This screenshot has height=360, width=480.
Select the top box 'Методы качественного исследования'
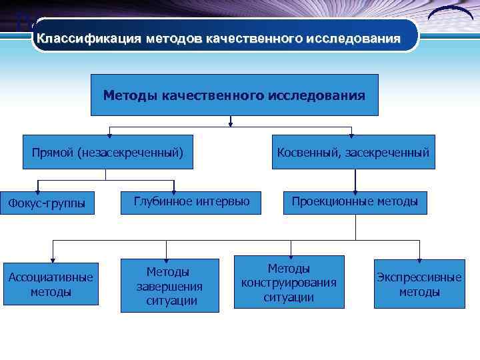point(234,95)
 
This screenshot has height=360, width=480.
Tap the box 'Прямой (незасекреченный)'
point(107,153)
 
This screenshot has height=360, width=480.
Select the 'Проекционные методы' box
point(355,201)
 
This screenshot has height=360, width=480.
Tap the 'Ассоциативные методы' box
point(51,284)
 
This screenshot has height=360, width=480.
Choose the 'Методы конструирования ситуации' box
point(289,282)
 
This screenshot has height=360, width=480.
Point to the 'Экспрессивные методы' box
point(419,284)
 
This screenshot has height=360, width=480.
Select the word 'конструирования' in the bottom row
point(289,283)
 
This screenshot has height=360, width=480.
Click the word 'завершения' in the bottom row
point(169,286)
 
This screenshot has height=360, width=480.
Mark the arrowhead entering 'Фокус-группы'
point(39,192)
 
